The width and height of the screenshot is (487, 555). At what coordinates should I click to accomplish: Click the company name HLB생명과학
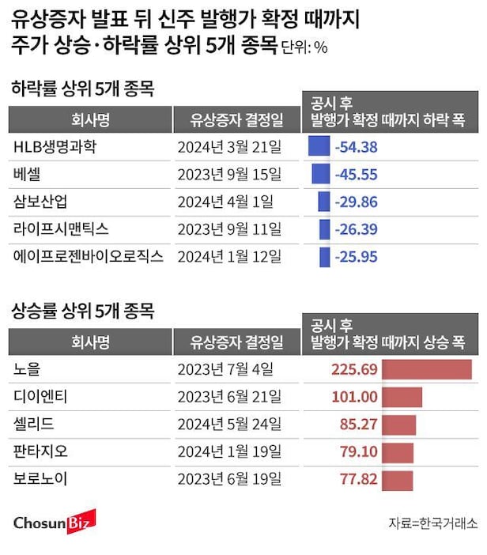tap(59, 146)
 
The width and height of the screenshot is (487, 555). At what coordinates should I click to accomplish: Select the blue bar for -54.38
tap(318, 146)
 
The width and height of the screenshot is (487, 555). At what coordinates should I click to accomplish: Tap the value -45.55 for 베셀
tap(356, 174)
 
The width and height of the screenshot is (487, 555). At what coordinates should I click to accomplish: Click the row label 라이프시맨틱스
tap(61, 228)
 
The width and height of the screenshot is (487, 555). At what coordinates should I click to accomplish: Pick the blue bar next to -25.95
tap(324, 256)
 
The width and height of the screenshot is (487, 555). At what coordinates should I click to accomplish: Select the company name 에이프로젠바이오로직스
tap(89, 256)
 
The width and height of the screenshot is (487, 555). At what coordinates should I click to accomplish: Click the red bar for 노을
tap(427, 369)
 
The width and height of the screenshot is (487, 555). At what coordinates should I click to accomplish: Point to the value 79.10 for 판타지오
tap(357, 452)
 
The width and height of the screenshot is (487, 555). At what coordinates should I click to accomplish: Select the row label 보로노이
tap(41, 479)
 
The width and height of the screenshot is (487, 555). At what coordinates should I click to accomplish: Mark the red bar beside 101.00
tap(402, 397)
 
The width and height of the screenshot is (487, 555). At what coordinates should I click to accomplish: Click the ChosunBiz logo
tap(55, 522)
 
